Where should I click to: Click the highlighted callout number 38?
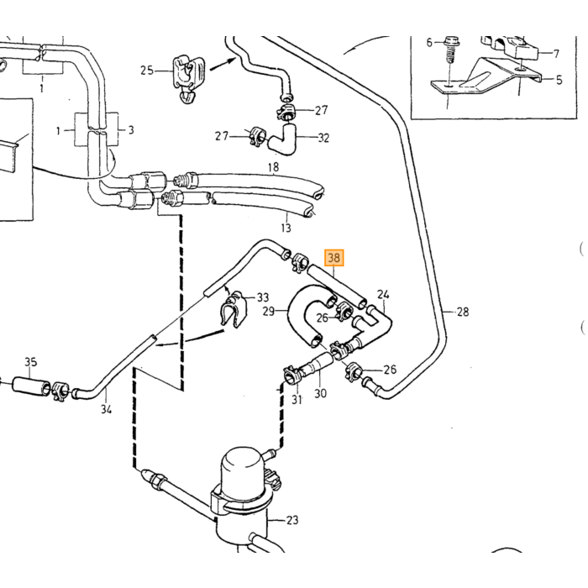[333, 258]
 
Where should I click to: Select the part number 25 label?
[147, 70]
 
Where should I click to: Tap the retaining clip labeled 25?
[189, 78]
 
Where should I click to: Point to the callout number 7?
[556, 54]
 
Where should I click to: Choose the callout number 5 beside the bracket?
[559, 80]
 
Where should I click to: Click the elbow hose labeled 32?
[282, 139]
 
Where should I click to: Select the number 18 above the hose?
[273, 167]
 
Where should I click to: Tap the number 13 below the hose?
[286, 228]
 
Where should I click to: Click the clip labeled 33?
[232, 308]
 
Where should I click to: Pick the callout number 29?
[269, 311]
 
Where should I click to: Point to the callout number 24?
[383, 294]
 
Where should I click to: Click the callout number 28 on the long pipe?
[463, 312]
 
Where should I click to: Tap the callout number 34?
[106, 409]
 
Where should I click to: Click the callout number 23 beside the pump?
[292, 520]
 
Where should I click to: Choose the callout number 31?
[297, 400]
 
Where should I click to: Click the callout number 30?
[320, 393]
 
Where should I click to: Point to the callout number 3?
[131, 130]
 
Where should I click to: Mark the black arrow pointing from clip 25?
[223, 63]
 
